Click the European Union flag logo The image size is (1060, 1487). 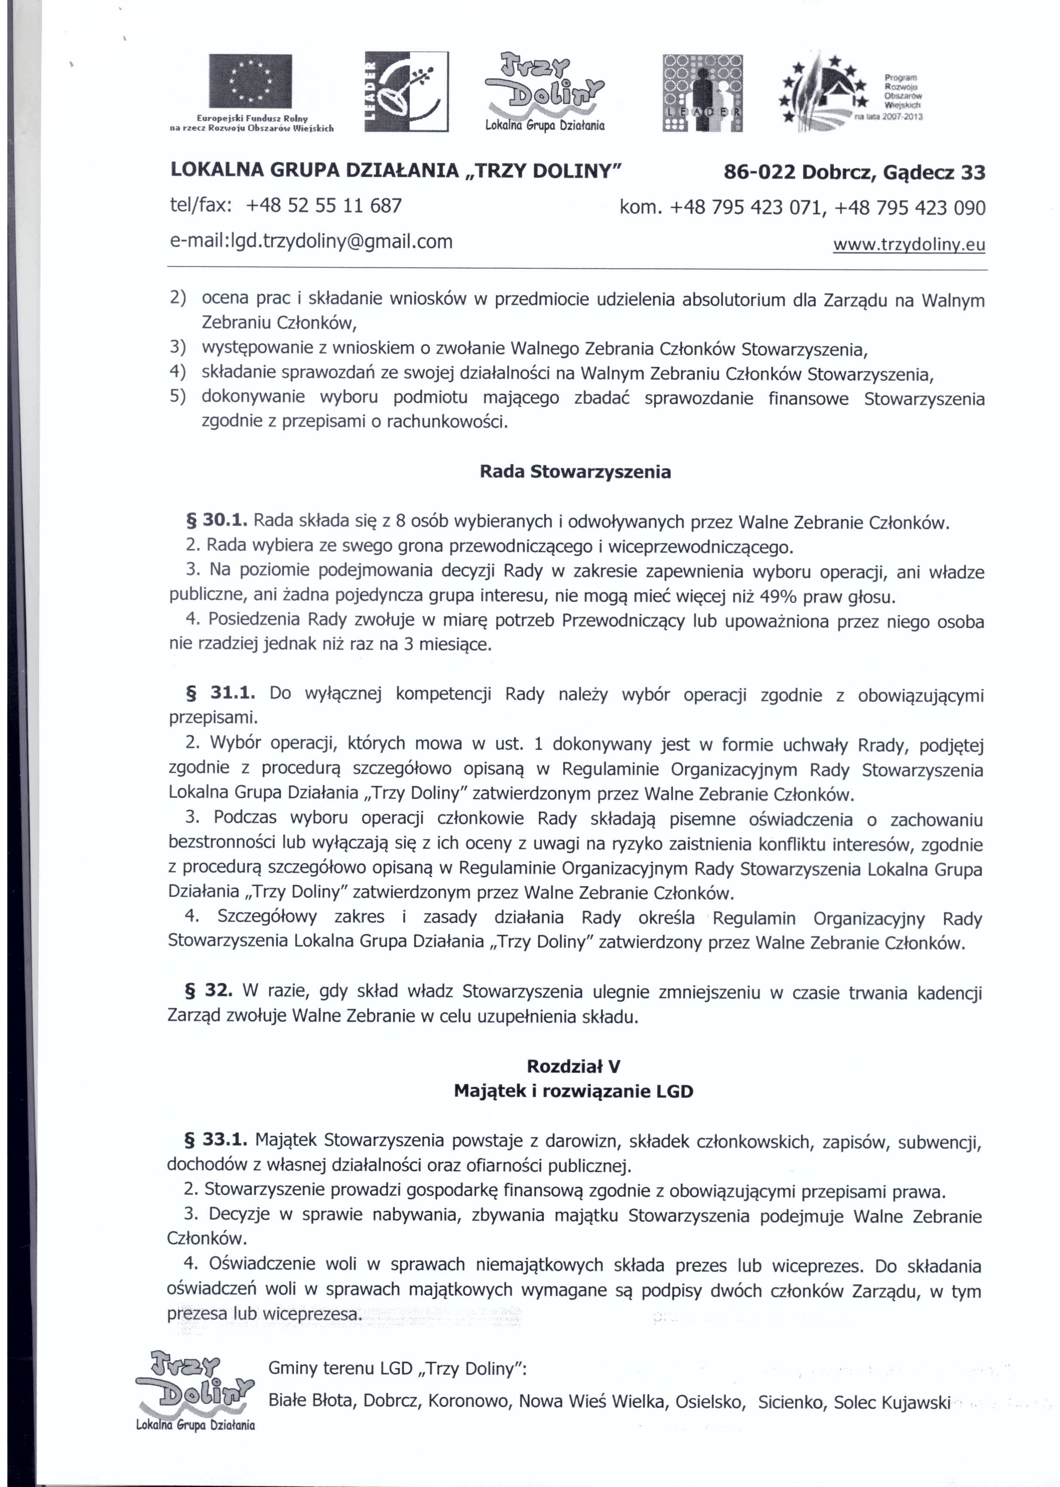coord(250,84)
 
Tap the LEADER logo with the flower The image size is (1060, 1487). coord(406,91)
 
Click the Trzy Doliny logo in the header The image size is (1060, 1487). coord(545,91)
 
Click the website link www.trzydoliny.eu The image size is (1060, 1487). coord(909,245)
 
